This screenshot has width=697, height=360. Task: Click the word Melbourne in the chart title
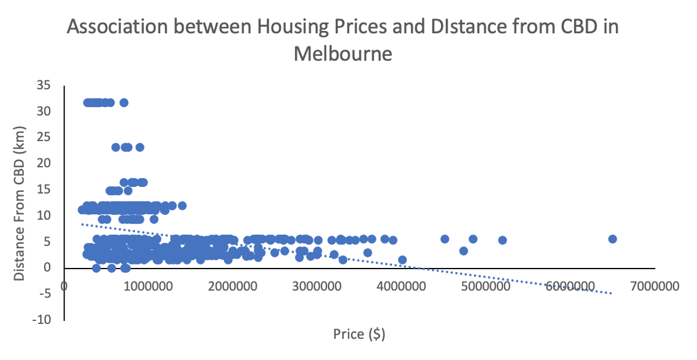point(343,54)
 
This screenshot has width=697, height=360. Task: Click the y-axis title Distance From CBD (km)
point(20,203)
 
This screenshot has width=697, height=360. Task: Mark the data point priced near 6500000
point(612,239)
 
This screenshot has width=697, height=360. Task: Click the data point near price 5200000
point(502,240)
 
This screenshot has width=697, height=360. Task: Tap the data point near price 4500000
point(445,239)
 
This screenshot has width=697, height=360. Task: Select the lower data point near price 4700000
point(463,251)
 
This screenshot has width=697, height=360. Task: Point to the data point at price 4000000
point(402,260)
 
